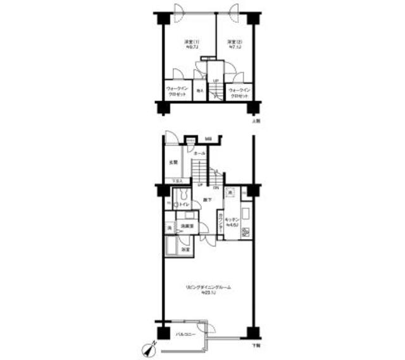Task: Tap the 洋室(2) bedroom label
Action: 235,44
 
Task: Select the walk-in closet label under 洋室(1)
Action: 177,91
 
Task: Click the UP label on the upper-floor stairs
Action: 215,80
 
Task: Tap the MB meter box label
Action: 208,139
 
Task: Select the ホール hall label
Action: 198,154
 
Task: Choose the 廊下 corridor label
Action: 207,201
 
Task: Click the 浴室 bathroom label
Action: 185,251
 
